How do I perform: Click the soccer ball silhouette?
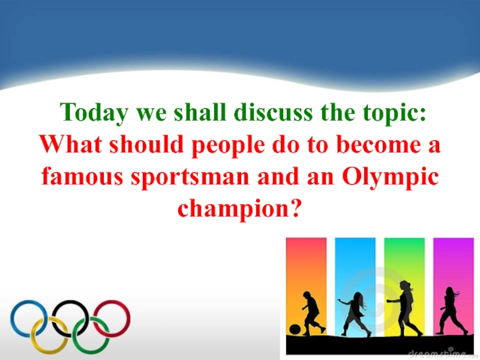tap(295, 329)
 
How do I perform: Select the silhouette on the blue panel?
tap(354, 312)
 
